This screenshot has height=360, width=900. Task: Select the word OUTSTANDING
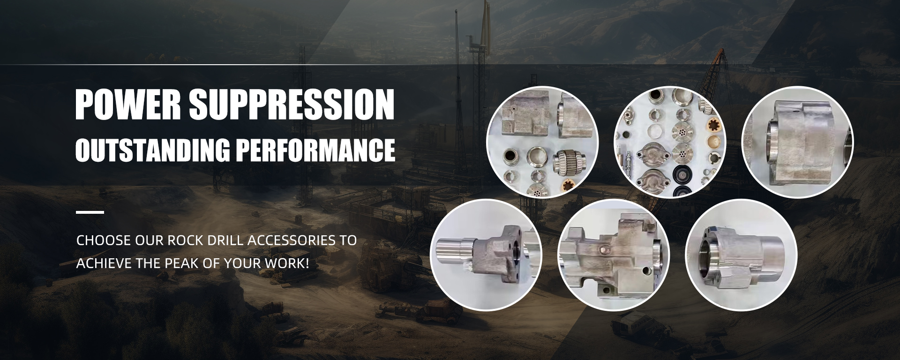click(152, 150)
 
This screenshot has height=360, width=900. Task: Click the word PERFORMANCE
click(315, 150)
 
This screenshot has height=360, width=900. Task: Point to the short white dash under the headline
click(90, 212)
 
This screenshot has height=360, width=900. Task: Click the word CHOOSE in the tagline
click(104, 240)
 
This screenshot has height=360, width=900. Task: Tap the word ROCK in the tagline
click(185, 240)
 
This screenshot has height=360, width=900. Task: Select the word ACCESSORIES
click(291, 240)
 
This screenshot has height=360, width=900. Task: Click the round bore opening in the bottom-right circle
click(710, 254)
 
